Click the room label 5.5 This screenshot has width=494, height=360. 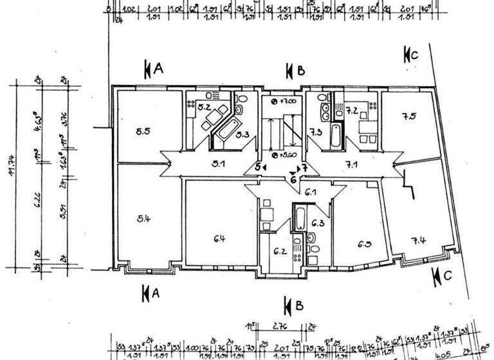(x=143, y=132)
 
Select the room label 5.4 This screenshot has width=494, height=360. (x=143, y=219)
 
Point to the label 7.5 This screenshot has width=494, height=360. (x=409, y=116)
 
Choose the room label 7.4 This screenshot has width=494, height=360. (x=419, y=241)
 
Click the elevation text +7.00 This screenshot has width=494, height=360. (x=286, y=102)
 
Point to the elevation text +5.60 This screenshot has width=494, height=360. (x=286, y=156)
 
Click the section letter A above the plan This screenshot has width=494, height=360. (x=158, y=69)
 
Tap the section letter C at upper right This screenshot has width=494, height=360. (x=414, y=55)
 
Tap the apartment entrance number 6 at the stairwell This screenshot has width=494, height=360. (x=293, y=180)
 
